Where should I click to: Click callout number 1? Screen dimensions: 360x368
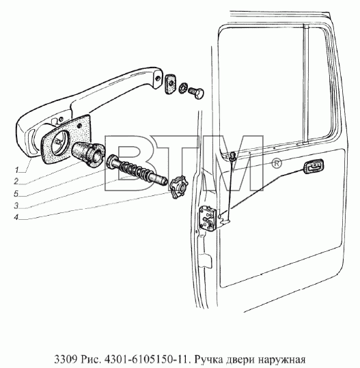click(x=16, y=169)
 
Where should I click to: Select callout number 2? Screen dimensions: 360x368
click(x=16, y=181)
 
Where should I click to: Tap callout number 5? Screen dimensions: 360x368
click(x=16, y=194)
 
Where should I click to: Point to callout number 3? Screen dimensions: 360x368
click(x=16, y=206)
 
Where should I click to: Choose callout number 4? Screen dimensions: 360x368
click(x=16, y=217)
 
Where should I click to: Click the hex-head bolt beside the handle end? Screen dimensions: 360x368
click(x=196, y=92)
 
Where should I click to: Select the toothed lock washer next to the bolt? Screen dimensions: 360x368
click(x=182, y=87)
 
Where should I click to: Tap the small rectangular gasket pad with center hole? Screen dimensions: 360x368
click(x=171, y=84)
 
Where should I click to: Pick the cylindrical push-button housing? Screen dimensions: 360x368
click(x=88, y=154)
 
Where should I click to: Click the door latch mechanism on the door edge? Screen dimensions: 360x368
click(x=208, y=218)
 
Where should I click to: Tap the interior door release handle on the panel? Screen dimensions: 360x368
click(x=314, y=166)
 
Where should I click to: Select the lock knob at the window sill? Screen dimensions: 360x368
click(x=233, y=156)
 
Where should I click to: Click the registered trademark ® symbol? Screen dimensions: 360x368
click(x=277, y=163)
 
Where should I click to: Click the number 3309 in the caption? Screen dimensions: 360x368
click(x=66, y=359)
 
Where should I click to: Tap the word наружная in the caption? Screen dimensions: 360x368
click(x=281, y=360)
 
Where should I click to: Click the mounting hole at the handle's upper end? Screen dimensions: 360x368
click(x=158, y=78)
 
